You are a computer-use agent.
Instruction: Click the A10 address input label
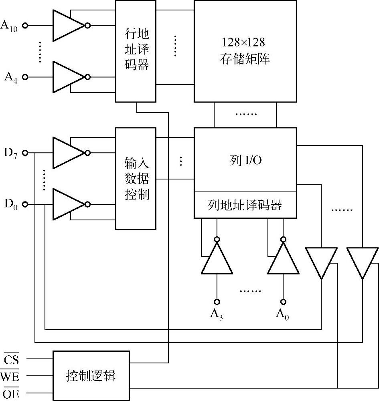click(9, 26)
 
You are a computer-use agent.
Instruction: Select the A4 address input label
click(11, 77)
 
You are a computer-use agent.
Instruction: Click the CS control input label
click(12, 359)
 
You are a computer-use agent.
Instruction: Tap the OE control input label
click(11, 394)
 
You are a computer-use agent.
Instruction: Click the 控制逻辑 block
click(91, 376)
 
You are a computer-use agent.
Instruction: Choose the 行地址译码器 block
click(136, 51)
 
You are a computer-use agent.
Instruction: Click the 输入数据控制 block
click(136, 179)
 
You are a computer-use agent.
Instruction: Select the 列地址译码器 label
click(245, 205)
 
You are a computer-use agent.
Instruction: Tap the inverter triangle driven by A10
click(67, 26)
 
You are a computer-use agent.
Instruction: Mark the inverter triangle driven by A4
click(67, 77)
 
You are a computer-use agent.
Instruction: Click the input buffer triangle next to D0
click(67, 204)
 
